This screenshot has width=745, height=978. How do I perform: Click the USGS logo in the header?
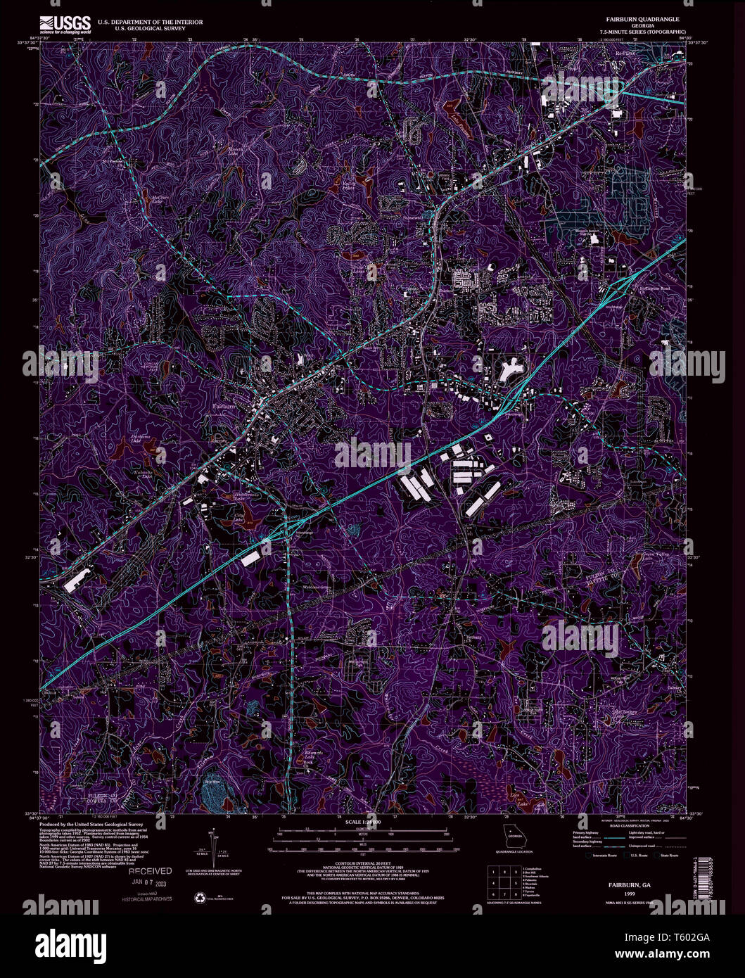65,25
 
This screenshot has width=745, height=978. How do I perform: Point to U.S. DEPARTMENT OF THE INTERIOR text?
160,22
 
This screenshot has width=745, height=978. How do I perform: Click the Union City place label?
461,272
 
